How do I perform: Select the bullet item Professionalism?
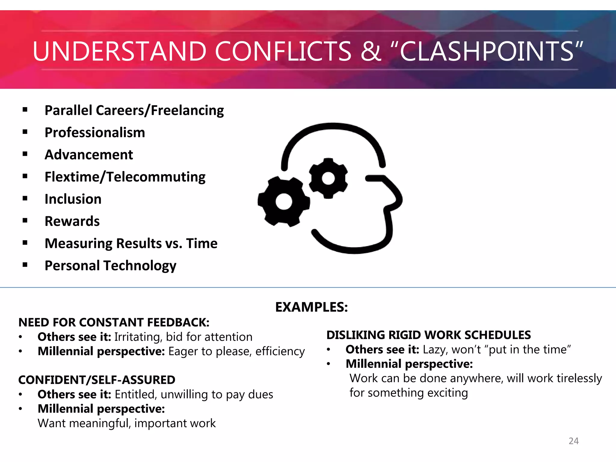(x=95, y=133)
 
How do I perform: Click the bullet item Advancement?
(x=89, y=155)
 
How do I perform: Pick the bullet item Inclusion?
(x=73, y=199)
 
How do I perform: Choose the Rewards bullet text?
(x=72, y=221)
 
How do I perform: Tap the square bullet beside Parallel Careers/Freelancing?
(x=25, y=110)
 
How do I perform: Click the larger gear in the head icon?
(x=284, y=202)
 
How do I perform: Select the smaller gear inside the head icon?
(x=328, y=178)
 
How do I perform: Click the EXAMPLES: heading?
(x=312, y=307)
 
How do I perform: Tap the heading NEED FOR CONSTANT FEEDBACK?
(x=114, y=322)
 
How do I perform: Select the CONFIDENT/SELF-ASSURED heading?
(x=97, y=380)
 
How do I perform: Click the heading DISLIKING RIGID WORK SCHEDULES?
(x=429, y=335)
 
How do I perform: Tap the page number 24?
(x=574, y=441)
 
